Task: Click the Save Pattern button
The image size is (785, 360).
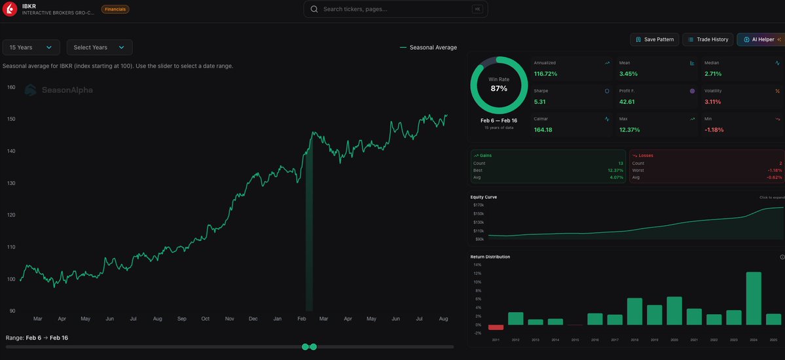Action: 654,39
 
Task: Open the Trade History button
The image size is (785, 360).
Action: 708,39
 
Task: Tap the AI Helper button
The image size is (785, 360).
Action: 760,39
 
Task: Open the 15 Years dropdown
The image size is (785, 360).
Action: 31,47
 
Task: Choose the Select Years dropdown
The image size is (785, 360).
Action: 99,47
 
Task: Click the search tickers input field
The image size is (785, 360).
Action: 395,9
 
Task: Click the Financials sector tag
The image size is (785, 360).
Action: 115,9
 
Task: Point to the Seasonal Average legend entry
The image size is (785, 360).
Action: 428,47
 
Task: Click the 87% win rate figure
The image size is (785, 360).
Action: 499,88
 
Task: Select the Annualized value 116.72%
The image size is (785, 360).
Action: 545,74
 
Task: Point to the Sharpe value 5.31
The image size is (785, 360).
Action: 540,101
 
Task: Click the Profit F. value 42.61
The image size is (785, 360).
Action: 627,101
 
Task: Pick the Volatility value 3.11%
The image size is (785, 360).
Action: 712,101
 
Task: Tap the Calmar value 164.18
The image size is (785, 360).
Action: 543,130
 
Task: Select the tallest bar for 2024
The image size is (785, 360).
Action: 754,298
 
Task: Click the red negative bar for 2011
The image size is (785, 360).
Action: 496,327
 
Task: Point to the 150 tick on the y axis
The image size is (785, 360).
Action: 11,119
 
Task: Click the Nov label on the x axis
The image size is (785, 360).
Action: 229,319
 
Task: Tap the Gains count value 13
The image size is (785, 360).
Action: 620,163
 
